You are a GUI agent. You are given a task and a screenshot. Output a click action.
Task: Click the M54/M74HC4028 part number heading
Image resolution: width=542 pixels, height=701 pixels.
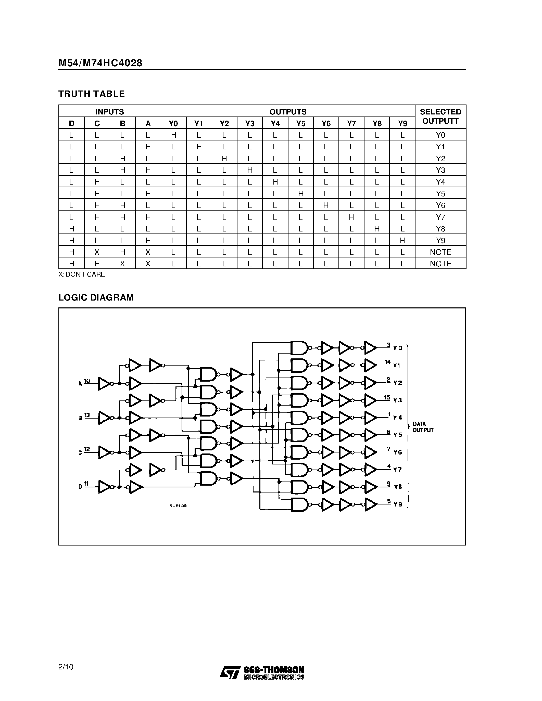[x=100, y=63]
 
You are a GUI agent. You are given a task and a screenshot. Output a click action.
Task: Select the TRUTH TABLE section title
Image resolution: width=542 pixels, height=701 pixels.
[x=92, y=94]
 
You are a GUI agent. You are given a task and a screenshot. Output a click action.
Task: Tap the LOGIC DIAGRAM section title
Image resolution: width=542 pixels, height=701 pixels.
[x=96, y=297]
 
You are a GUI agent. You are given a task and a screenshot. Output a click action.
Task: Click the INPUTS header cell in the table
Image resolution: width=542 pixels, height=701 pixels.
[x=109, y=111]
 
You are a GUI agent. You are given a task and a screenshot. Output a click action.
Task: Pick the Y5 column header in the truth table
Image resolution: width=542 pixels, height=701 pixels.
[x=300, y=123]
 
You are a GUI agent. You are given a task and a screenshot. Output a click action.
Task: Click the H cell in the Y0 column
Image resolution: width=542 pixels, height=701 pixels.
[x=173, y=135]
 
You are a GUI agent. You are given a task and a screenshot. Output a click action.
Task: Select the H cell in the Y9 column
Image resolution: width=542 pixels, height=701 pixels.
[x=402, y=240]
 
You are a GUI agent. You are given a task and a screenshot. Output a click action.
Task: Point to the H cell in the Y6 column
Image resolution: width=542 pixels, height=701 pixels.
[x=326, y=205]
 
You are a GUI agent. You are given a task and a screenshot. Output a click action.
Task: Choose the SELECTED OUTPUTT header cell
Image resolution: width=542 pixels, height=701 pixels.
[x=440, y=116]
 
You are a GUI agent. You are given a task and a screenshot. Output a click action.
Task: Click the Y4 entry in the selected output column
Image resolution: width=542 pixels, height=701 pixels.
[x=440, y=182]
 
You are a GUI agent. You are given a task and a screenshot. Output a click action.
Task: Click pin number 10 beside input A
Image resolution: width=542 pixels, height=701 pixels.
[x=87, y=381]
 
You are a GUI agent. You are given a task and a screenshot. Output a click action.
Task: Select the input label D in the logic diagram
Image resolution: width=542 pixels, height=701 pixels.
[x=80, y=487]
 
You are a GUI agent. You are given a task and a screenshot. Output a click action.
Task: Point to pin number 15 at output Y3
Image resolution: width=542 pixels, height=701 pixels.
[x=387, y=397]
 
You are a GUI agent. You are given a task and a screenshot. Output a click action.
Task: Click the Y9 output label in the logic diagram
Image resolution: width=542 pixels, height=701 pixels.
[x=398, y=504]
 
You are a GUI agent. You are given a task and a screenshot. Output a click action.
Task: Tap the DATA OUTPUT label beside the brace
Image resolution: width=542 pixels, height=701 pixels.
[x=423, y=427]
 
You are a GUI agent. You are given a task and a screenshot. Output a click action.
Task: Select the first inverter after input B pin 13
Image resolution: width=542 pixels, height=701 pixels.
[x=104, y=418]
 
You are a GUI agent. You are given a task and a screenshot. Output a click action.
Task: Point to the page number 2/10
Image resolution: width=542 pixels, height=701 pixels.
[x=66, y=667]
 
